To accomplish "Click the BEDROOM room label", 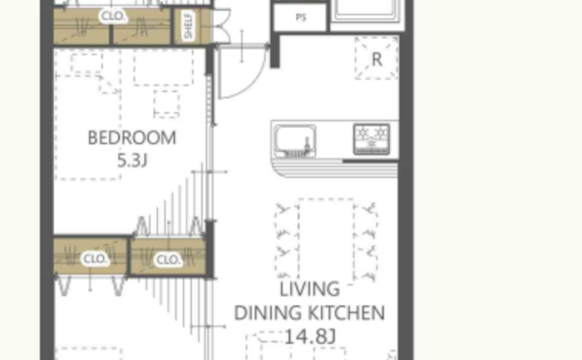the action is pos(131,138).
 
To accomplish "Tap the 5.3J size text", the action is pos(132,160).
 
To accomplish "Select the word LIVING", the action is pos(309,289).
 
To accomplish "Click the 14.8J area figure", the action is pos(310,337).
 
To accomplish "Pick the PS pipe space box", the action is pos(300,17).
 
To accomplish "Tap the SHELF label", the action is pos(189,26).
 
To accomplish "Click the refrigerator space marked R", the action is pos(377,58).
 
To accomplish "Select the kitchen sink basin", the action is pos(295,141).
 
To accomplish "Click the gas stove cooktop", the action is pos(372,139).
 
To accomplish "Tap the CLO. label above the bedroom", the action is pos(113,16).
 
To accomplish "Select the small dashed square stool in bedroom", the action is pos(166,104).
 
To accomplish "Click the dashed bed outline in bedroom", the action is pos(88,127).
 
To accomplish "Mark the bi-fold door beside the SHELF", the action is pos(222,26).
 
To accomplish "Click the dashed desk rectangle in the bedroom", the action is pos(163,67).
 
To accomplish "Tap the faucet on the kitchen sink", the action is pos(307,145).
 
